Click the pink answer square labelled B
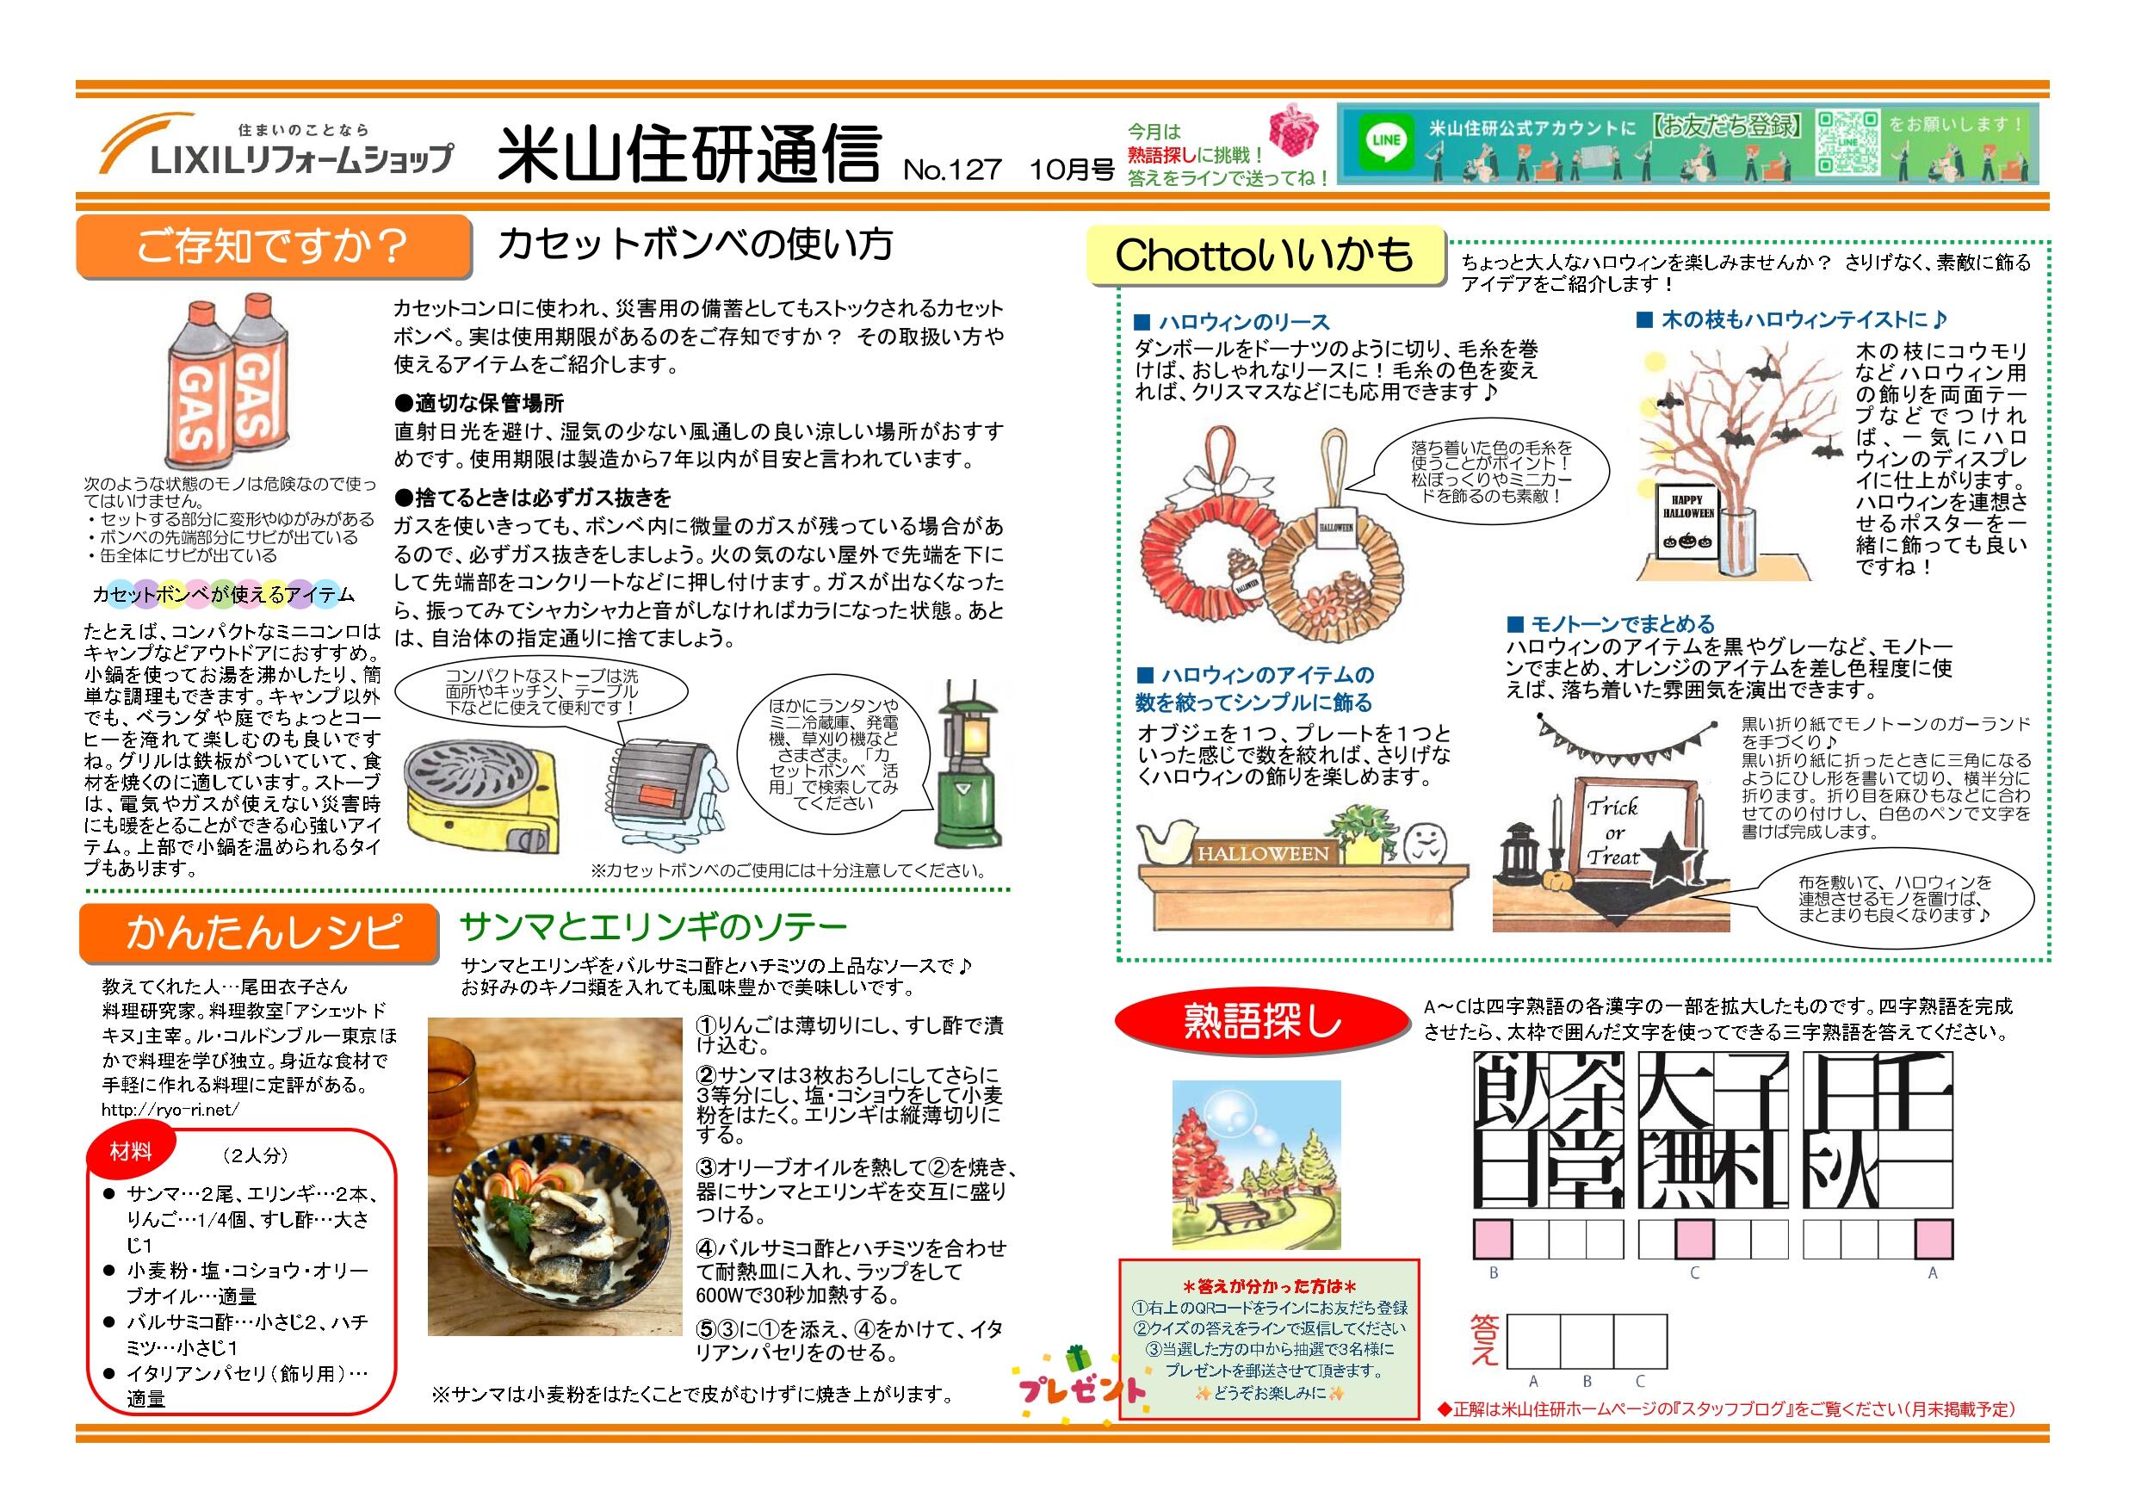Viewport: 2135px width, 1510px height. click(1493, 1240)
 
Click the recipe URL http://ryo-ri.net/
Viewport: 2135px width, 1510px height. click(171, 1109)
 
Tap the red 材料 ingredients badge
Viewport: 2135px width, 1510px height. click(130, 1153)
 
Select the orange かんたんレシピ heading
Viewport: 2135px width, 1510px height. click(258, 932)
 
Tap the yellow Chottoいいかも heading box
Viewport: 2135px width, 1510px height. click(1265, 255)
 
